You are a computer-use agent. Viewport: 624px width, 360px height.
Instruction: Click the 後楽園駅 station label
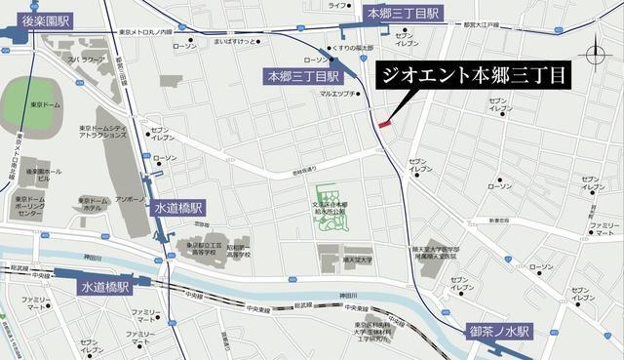(x=50, y=20)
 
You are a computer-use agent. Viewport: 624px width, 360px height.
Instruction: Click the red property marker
(x=384, y=124)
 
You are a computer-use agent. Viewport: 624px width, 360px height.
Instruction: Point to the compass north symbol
(x=598, y=55)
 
